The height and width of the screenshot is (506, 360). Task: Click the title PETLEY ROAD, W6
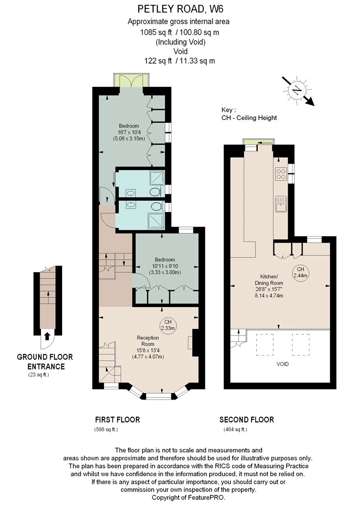180,9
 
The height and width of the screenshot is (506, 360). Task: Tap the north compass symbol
297,90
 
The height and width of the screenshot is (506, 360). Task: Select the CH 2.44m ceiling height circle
300,272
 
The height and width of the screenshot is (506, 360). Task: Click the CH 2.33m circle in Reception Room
168,325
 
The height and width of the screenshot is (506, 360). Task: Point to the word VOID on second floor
282,364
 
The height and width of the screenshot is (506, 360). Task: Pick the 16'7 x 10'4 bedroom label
129,132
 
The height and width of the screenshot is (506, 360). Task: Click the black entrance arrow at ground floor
47,336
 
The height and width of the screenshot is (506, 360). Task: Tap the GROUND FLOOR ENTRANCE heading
45,361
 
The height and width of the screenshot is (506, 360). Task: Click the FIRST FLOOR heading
118,420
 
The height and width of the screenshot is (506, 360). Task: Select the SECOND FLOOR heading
247,420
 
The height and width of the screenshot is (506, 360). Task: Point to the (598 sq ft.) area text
106,429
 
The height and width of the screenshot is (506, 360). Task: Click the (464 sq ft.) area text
235,429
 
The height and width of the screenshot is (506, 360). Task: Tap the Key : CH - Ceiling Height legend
249,114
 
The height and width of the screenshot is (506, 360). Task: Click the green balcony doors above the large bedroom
131,80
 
